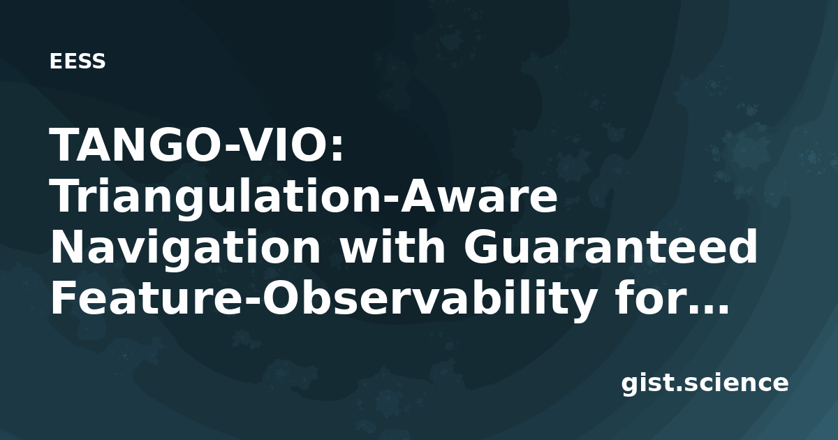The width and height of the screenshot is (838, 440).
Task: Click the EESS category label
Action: pos(78,61)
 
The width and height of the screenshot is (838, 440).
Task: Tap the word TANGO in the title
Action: pos(137,145)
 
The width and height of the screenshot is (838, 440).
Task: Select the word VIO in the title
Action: pos(280,145)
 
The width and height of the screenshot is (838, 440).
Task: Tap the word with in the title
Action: pos(392,248)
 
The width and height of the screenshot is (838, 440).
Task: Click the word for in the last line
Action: pos(642,298)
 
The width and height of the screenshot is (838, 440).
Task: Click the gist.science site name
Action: pos(705,384)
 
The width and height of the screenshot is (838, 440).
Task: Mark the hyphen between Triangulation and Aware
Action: pos(390,198)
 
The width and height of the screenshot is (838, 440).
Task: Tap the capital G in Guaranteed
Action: pos(480,248)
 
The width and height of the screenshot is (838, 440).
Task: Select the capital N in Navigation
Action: pos(67,248)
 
